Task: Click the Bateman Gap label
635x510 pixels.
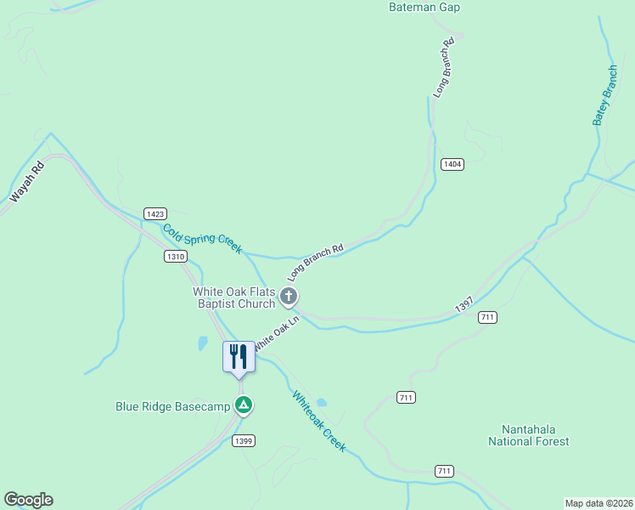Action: (424, 7)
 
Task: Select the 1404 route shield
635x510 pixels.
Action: (452, 163)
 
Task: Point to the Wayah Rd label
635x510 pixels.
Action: (26, 182)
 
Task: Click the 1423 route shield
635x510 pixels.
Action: (155, 214)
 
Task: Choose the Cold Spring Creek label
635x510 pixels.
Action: (202, 239)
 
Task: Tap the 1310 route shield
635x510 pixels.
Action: (175, 256)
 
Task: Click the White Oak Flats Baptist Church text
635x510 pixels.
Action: (234, 297)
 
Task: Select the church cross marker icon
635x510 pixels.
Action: (289, 297)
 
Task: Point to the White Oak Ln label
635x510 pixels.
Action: (278, 331)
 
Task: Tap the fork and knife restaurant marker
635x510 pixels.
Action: (238, 356)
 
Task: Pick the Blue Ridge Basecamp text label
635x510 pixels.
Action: (173, 406)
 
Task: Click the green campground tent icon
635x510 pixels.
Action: (244, 405)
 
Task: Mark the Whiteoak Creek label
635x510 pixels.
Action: (319, 421)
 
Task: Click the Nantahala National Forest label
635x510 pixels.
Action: (528, 435)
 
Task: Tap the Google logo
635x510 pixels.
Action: (28, 500)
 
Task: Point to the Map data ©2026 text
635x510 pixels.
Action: (598, 503)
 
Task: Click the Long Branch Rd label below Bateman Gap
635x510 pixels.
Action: (445, 67)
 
